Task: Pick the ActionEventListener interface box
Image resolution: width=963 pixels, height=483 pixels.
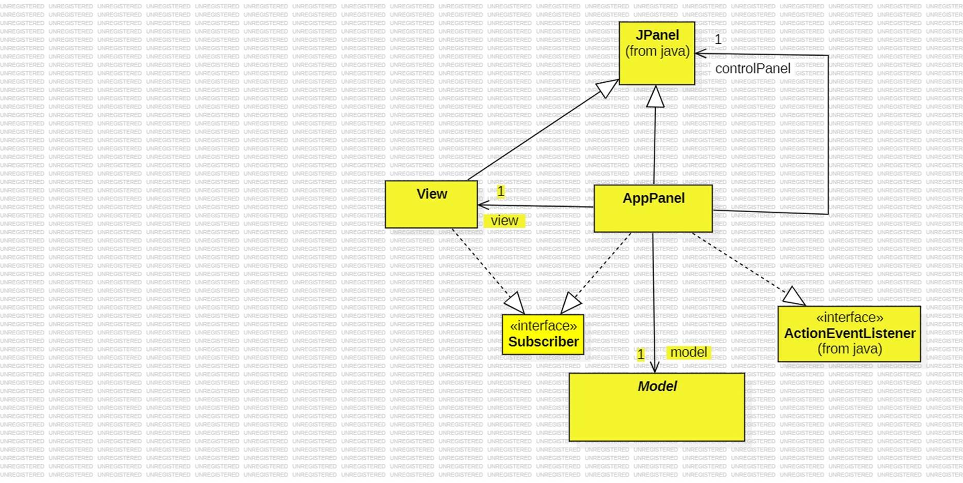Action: (849, 334)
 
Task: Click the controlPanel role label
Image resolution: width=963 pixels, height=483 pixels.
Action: (752, 68)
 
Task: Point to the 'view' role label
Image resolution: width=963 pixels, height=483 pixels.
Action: (504, 220)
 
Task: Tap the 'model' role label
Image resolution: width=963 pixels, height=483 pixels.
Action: (688, 352)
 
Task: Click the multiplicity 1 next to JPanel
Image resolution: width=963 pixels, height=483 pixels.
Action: (718, 40)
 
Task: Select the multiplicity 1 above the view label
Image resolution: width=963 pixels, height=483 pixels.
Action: (500, 192)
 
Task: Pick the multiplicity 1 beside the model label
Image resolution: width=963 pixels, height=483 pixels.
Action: (640, 354)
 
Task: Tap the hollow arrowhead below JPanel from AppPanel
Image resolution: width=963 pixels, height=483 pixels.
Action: (655, 97)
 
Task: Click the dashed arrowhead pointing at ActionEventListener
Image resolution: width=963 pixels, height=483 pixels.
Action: (794, 297)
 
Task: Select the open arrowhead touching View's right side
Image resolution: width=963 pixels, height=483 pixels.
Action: (483, 205)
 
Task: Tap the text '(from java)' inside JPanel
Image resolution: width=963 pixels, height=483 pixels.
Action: (657, 51)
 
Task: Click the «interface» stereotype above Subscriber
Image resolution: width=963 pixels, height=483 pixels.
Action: (543, 325)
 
